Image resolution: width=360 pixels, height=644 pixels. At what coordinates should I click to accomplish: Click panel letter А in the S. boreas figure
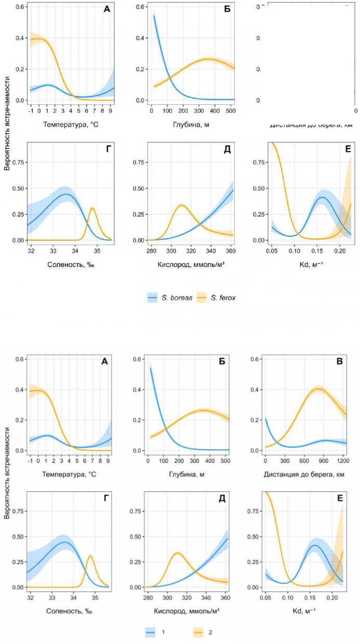point(106,8)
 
